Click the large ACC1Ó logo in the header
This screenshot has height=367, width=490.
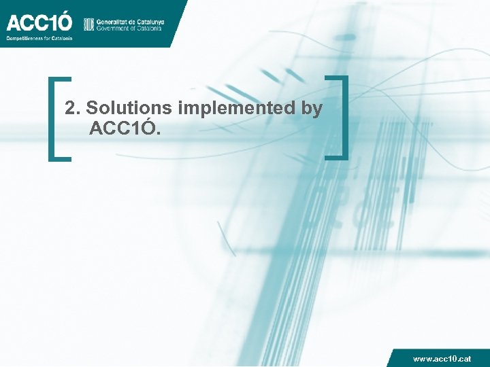[x=39, y=22]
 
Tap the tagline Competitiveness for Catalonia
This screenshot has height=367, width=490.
[x=39, y=38]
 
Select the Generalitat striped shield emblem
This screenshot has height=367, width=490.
[x=88, y=24]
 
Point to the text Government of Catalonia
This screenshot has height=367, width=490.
[x=129, y=29]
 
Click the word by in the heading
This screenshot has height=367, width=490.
[x=311, y=109]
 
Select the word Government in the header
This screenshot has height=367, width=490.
[x=114, y=29]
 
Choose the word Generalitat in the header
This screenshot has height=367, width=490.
[x=113, y=21]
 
